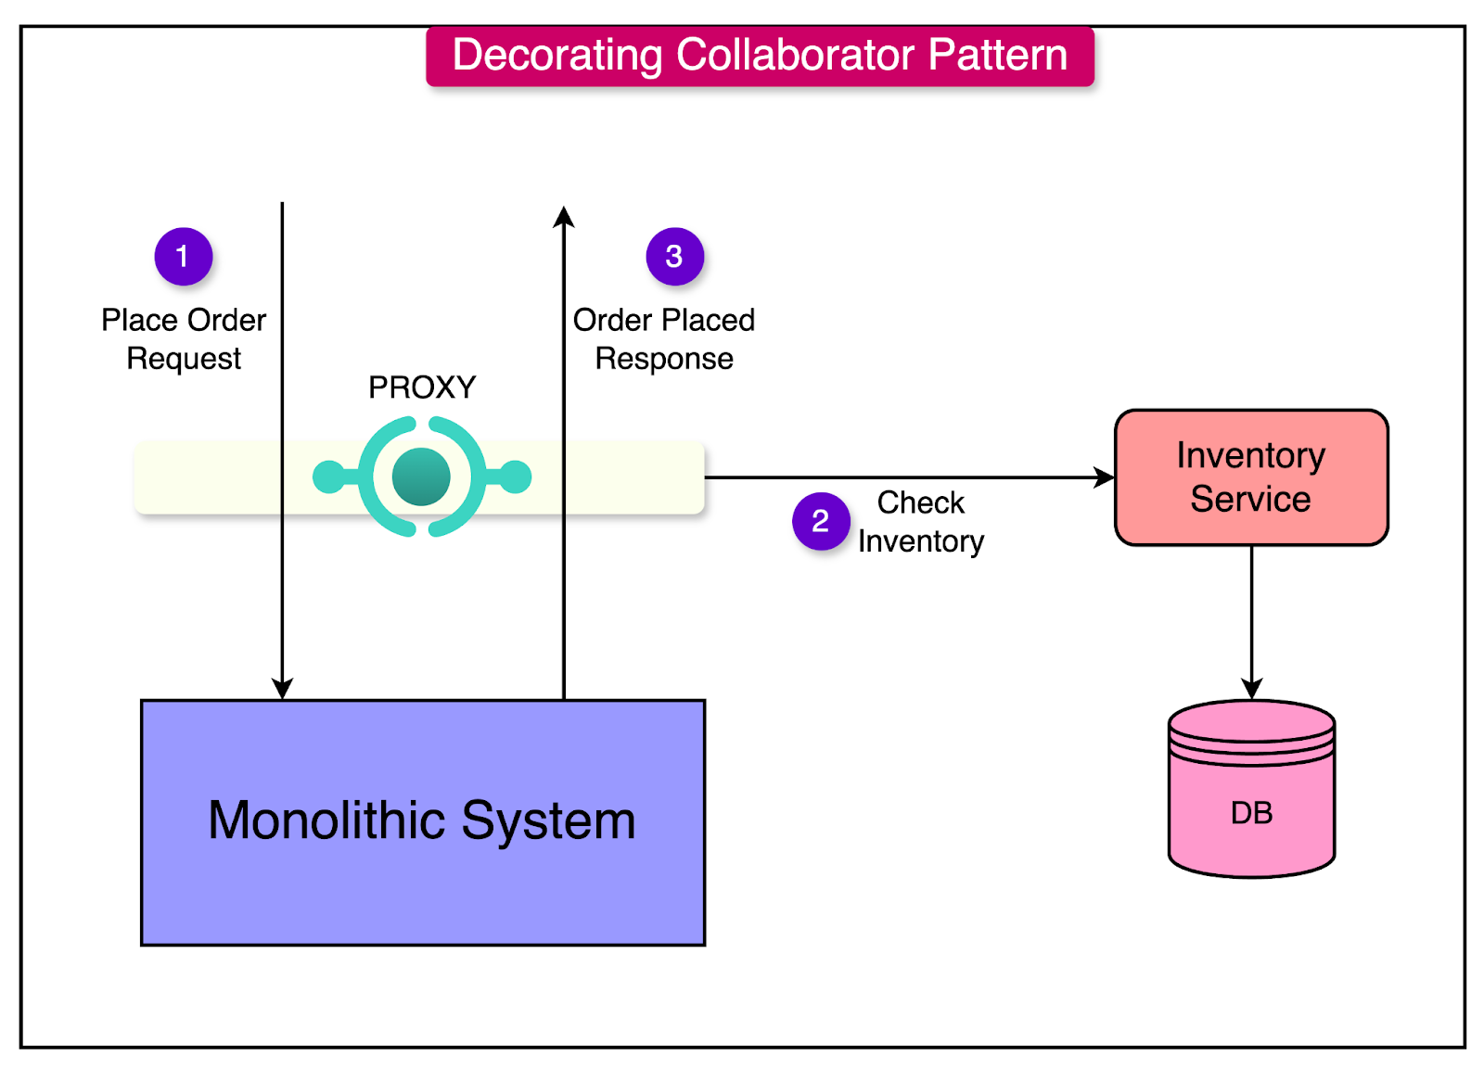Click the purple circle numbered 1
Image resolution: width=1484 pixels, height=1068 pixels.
(183, 256)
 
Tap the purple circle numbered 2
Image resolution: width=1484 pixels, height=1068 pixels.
(820, 521)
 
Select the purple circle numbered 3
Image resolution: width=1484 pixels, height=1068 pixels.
(674, 256)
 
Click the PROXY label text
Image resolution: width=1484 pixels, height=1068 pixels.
(422, 387)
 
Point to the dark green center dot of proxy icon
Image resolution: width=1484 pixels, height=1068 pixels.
(421, 477)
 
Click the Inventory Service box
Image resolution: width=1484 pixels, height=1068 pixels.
(1250, 477)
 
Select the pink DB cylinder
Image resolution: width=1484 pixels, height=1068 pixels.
(1250, 797)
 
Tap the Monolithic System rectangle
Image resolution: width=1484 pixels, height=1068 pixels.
(422, 821)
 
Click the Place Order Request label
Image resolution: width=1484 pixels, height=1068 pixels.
(184, 339)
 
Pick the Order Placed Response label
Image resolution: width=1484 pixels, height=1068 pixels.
(663, 339)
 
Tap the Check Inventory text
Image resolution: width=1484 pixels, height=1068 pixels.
(920, 522)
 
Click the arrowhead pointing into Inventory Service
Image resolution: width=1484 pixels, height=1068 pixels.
(1105, 477)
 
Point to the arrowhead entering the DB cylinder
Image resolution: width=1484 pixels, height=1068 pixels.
(1251, 688)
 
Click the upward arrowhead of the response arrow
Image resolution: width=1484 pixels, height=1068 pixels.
(563, 217)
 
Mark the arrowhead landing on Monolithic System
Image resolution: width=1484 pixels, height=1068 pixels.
(282, 688)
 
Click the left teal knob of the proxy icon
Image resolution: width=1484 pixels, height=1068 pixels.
(327, 477)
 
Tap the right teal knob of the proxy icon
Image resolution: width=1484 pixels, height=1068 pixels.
(516, 477)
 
